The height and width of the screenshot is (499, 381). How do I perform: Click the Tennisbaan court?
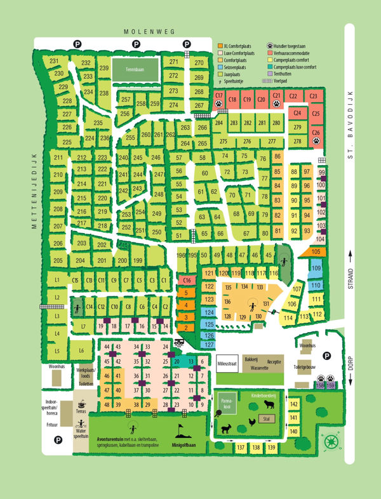pyautogui.click(x=135, y=70)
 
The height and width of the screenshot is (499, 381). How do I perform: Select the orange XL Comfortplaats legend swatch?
pyautogui.click(x=220, y=46)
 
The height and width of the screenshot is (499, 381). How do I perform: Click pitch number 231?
pyautogui.click(x=55, y=62)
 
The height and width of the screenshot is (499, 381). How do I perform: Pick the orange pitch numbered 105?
pyautogui.click(x=316, y=252)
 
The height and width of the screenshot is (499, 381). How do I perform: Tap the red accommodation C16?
pyautogui.click(x=186, y=280)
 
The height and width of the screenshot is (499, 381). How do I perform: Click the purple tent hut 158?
pyautogui.click(x=321, y=385)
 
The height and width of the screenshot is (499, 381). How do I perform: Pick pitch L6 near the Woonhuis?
pyautogui.click(x=80, y=350)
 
